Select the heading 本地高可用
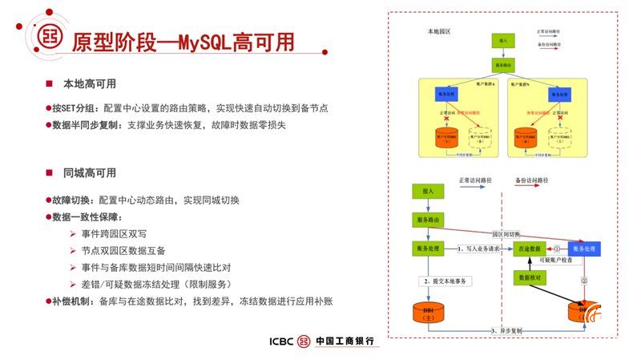pyautogui.click(x=90, y=83)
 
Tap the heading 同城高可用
pyautogui.click(x=90, y=172)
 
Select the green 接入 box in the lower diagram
pyautogui.click(x=427, y=191)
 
